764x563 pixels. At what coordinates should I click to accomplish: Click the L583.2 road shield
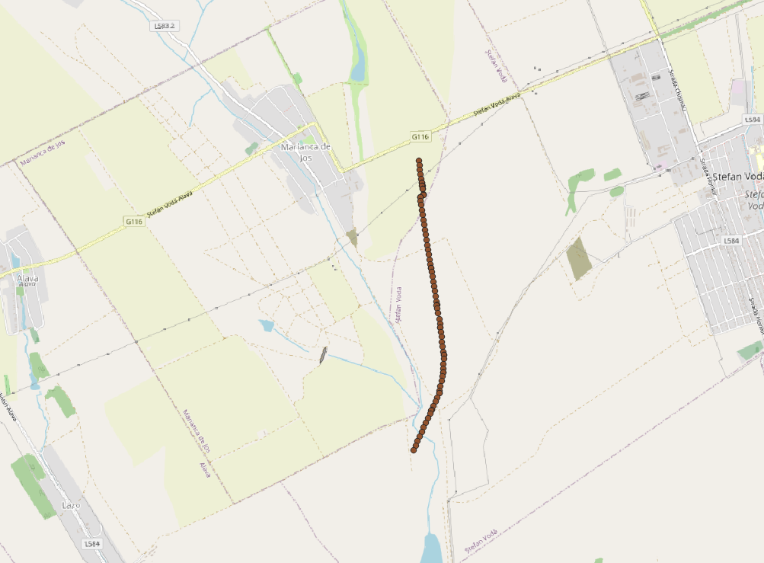[x=164, y=26]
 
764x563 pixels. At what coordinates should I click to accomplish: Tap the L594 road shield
[x=752, y=120]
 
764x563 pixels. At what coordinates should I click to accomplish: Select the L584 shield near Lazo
[x=92, y=543]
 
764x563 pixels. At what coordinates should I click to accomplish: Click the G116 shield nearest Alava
[x=134, y=221]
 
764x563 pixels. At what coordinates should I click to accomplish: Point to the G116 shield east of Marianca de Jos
[x=421, y=137]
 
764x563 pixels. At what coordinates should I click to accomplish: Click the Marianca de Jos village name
[x=305, y=151]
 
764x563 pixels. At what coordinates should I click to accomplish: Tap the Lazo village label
[x=70, y=505]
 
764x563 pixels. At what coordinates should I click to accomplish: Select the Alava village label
[x=27, y=280]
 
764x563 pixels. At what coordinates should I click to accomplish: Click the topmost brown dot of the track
[x=419, y=161]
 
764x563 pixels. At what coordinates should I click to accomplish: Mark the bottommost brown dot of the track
[x=414, y=450]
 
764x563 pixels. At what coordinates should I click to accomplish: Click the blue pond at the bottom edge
[x=431, y=549]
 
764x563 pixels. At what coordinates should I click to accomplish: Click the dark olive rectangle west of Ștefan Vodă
[x=578, y=258]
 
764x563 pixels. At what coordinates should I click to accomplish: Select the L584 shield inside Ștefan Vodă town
[x=731, y=241]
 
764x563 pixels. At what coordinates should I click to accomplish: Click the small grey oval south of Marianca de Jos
[x=324, y=354]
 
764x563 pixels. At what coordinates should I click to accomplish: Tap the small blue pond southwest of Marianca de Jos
[x=266, y=325]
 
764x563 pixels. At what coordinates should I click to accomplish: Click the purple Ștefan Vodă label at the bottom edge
[x=481, y=541]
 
